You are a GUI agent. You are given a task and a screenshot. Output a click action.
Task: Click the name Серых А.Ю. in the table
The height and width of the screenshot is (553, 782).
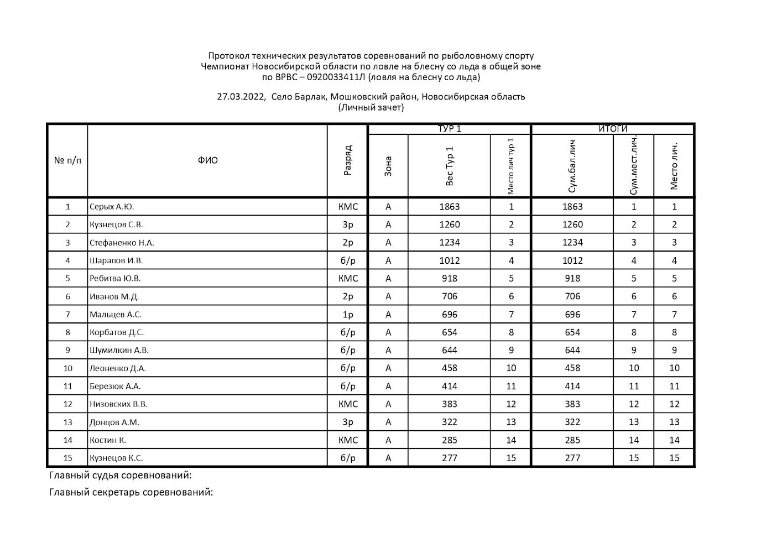pos(112,207)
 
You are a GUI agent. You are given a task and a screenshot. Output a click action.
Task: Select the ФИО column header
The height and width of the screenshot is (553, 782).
pos(207,160)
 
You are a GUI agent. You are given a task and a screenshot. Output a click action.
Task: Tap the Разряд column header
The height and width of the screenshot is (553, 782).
pos(347,160)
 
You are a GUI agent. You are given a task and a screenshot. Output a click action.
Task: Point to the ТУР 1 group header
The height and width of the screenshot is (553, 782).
pos(449,129)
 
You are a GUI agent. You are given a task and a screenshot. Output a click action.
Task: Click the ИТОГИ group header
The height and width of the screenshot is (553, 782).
pos(613,129)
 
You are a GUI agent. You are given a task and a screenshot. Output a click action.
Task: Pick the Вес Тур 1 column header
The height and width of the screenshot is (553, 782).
pos(449,166)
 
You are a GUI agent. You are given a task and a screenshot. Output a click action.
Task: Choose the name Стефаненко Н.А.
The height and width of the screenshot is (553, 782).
pos(122,243)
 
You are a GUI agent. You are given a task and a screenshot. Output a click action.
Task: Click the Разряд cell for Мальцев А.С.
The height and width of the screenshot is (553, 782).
pos(347,315)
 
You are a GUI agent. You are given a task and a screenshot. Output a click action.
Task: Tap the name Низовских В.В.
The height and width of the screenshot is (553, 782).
pos(118,404)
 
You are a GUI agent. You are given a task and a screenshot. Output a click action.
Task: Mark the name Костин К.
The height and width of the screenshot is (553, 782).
pos(108,440)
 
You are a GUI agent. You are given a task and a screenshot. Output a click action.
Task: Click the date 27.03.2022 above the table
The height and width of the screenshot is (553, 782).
pos(241,97)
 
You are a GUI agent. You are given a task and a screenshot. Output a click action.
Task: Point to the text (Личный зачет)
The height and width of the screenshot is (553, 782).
pos(371,107)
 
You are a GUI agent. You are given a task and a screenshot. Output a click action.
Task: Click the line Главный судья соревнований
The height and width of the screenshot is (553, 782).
pos(121,476)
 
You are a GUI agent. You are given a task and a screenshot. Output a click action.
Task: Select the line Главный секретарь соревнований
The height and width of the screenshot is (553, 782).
pos(131,492)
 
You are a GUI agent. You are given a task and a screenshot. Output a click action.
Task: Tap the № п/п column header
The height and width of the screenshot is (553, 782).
pos(67,160)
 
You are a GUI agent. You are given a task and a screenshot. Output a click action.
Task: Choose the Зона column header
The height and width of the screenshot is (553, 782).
pos(388,166)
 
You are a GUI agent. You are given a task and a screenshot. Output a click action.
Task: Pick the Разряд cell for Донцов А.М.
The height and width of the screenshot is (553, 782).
pos(347,422)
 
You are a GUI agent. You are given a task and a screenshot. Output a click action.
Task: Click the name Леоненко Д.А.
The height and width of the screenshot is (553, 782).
pos(118,368)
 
